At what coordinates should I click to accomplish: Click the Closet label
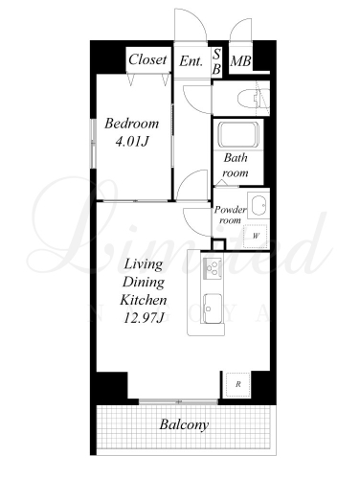(147, 59)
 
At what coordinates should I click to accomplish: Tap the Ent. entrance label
(191, 60)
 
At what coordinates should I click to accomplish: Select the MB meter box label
(240, 61)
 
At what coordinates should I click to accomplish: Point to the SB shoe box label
(216, 61)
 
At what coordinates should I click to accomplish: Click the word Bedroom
(131, 124)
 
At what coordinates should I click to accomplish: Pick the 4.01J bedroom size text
(132, 141)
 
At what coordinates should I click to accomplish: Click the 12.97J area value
(144, 318)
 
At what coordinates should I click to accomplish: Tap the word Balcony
(184, 424)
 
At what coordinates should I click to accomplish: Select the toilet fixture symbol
(252, 98)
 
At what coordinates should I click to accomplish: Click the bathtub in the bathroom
(238, 134)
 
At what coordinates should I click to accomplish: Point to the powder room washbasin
(259, 205)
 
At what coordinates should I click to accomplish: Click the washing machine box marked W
(256, 236)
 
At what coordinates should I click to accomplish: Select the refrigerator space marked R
(238, 384)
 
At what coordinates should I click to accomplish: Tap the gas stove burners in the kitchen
(213, 268)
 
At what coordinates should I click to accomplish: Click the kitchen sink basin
(213, 308)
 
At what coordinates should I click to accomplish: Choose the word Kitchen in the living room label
(144, 300)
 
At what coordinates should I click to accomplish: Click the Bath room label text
(236, 165)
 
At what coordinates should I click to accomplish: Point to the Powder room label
(230, 215)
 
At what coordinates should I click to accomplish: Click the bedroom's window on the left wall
(93, 144)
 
